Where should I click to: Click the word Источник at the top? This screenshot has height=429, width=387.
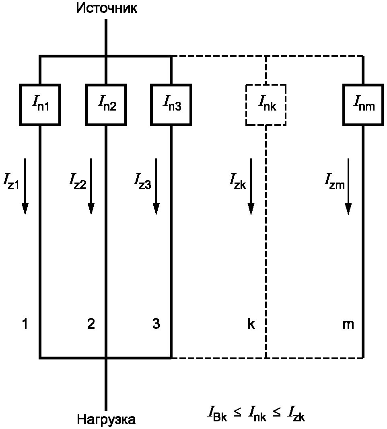107,8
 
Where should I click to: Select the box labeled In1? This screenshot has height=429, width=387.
40,105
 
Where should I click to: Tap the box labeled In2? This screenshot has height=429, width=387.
106,105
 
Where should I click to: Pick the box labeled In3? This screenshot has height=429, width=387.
171,105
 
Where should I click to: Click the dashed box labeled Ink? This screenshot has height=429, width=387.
266,105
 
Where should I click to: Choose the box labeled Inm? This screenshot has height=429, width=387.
363,105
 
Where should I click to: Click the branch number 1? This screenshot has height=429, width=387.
25,324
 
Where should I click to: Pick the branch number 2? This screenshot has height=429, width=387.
91,324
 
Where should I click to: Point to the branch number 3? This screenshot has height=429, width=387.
156,324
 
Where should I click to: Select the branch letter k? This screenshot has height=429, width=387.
251,324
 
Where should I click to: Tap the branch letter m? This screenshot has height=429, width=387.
348,324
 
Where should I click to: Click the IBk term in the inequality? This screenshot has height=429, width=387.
217,415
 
